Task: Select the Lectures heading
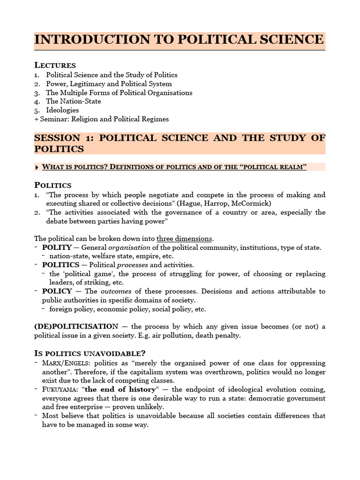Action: point(55,65)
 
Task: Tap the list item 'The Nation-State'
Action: point(73,101)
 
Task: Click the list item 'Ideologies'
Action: point(62,110)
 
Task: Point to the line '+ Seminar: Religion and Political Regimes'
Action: point(101,119)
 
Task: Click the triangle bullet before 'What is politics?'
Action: point(37,167)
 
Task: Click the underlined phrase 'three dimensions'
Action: point(184,239)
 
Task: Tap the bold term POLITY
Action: point(57,247)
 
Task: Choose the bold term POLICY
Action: point(57,292)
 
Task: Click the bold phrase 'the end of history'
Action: point(120,390)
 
